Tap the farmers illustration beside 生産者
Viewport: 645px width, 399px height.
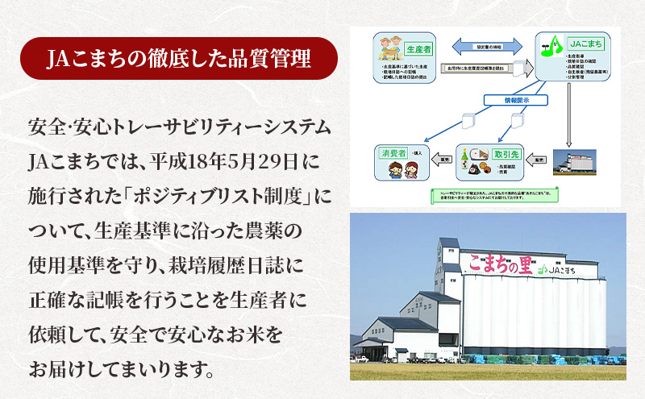click(390, 50)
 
